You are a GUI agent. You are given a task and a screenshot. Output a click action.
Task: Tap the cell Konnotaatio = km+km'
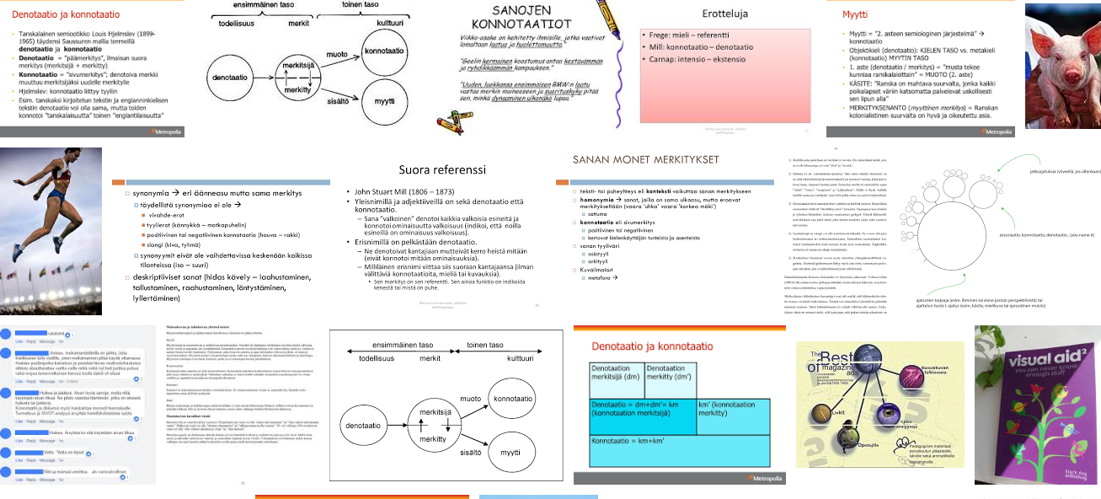tap(627, 441)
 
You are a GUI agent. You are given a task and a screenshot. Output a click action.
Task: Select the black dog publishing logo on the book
tap(1066, 473)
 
